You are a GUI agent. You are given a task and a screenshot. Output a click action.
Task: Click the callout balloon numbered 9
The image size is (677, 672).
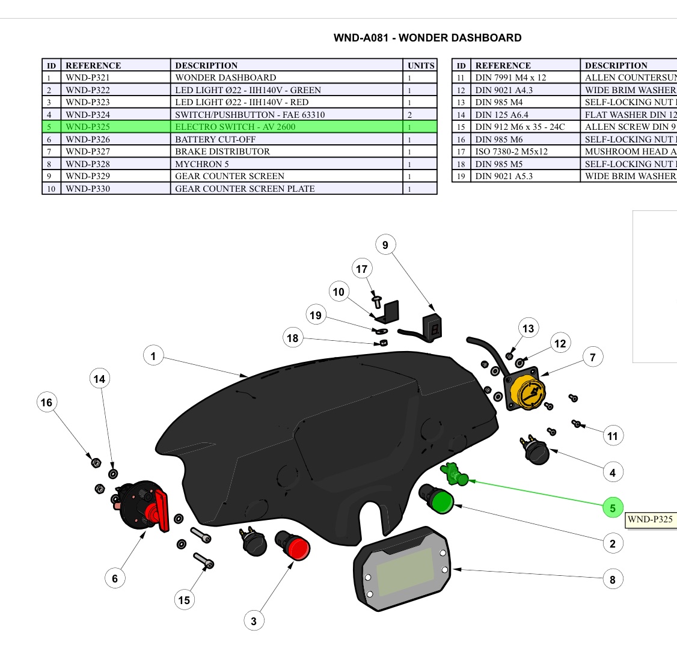385,245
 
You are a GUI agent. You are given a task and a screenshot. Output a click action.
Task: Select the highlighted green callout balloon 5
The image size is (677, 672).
613,508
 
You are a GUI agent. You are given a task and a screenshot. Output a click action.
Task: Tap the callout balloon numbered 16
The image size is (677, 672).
46,403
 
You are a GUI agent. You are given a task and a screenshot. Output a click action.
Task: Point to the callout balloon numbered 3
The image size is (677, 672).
254,621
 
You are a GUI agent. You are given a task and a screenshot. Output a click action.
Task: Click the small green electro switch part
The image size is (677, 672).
455,474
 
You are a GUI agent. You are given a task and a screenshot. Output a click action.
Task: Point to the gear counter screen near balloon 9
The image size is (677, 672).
434,328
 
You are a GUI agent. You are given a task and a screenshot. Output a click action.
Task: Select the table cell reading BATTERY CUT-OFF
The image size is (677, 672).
215,139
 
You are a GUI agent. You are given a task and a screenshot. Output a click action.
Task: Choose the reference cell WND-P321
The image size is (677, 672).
88,78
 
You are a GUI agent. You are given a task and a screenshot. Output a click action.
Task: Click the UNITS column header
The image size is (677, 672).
420,66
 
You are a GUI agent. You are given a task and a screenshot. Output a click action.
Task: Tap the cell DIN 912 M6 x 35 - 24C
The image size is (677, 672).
520,127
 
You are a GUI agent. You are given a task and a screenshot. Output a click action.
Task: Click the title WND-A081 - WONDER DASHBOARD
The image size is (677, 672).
427,38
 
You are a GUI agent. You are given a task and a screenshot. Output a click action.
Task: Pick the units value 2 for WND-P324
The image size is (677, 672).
410,115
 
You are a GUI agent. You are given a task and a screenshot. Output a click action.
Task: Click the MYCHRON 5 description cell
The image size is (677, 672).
202,164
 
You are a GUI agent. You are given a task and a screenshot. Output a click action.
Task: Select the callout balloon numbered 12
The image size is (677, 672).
560,344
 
